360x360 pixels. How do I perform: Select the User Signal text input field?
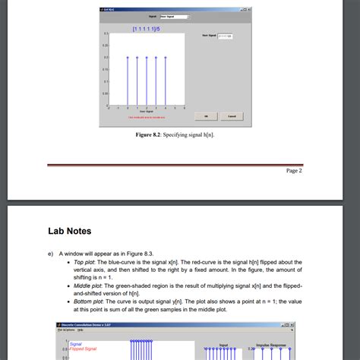[x=226, y=36]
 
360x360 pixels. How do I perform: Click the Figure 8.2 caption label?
[x=174, y=134]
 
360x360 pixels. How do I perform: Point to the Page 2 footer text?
[x=294, y=171]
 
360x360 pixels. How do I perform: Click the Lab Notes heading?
[x=70, y=231]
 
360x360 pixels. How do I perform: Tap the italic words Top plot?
[x=87, y=263]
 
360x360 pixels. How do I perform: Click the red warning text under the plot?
[x=146, y=117]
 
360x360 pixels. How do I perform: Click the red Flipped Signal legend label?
[x=84, y=349]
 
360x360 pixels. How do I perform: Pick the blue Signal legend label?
[x=75, y=343]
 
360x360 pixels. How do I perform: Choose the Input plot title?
[x=223, y=344]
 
